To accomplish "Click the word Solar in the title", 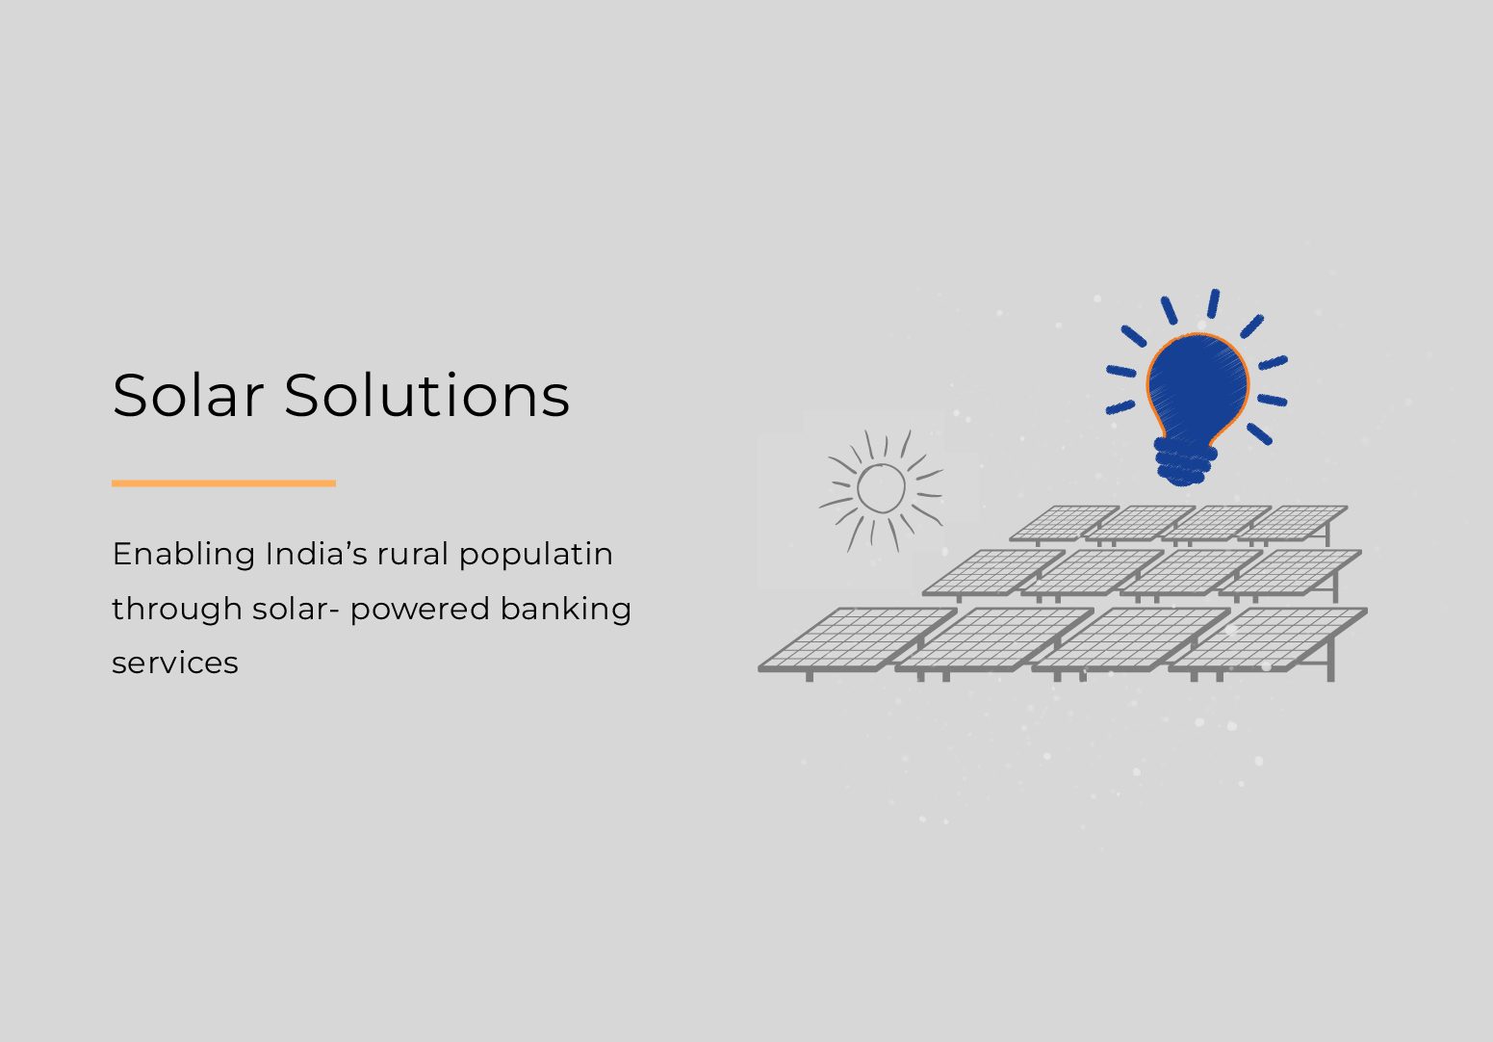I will (x=188, y=396).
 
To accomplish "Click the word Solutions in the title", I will (x=426, y=396).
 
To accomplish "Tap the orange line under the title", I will (x=223, y=482).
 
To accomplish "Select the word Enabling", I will (x=183, y=555).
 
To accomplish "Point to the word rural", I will (x=413, y=555).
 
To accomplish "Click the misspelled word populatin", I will (x=535, y=556).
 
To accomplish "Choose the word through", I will (x=176, y=610).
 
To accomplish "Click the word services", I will (x=175, y=664).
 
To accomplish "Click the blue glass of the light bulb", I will (x=1197, y=381).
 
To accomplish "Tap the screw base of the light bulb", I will (x=1183, y=463).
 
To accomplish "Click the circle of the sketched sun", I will (x=881, y=488).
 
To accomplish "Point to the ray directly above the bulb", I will (x=1213, y=303).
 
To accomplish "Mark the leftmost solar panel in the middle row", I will (x=991, y=571).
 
